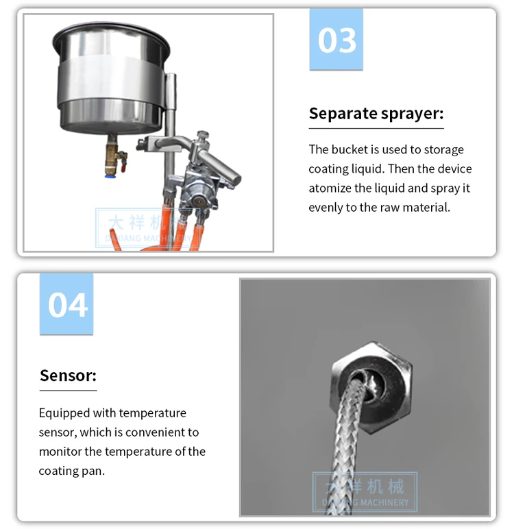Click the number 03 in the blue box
coord(336,40)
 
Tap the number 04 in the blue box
coord(67,306)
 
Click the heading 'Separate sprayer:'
coord(376,113)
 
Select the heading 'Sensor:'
coord(68,376)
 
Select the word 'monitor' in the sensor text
coord(60,452)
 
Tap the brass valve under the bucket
coord(113,156)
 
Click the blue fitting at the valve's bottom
coord(110,175)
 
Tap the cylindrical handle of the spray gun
coord(219,166)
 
